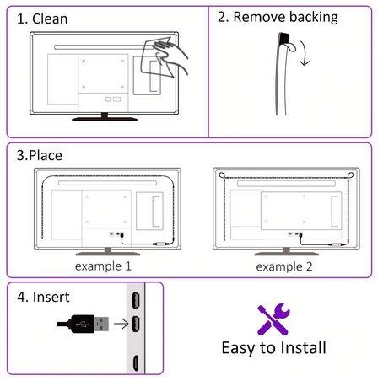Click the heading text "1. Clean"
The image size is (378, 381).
[42, 19]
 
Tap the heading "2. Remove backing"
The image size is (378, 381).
[278, 18]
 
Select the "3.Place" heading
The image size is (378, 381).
[40, 155]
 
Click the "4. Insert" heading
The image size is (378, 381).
[43, 297]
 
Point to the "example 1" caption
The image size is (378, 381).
[103, 266]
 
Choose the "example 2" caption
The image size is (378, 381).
[284, 266]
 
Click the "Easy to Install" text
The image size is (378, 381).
[273, 348]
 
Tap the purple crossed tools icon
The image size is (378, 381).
[273, 319]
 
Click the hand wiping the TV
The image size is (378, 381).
[171, 56]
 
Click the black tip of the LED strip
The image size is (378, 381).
[283, 38]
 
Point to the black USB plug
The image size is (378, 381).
[83, 324]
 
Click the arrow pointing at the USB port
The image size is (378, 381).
[121, 324]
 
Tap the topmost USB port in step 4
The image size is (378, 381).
[136, 300]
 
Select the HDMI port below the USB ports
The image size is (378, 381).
[136, 362]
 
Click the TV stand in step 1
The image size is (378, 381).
[105, 117]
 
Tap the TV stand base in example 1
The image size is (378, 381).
[108, 254]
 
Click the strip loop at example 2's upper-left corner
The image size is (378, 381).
[222, 175]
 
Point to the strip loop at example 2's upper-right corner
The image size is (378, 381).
[350, 175]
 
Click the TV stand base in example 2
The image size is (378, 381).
[287, 254]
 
